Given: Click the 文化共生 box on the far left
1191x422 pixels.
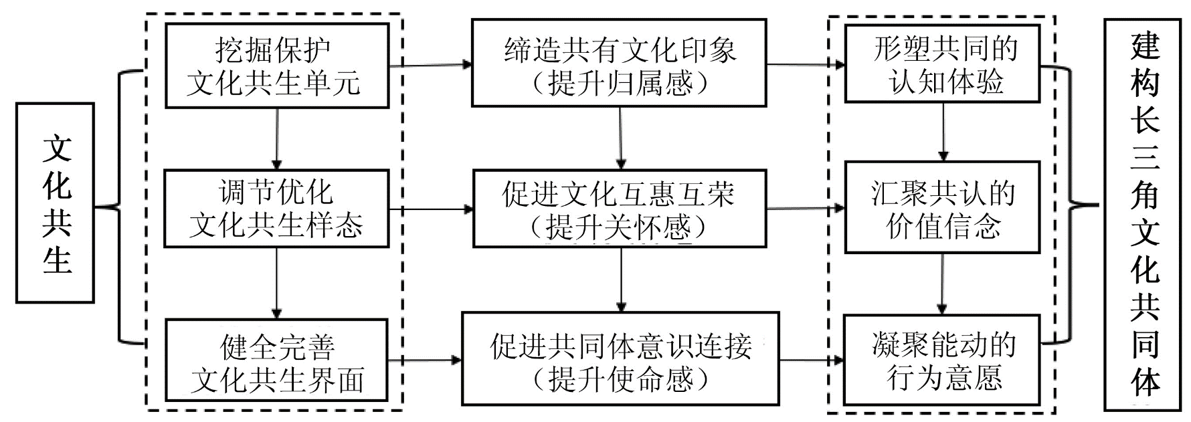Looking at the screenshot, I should [56, 203].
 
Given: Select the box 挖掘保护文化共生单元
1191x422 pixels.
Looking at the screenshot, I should [276, 66].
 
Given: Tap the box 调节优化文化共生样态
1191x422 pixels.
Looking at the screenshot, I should [276, 209].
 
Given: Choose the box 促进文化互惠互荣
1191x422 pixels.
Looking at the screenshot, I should [619, 209].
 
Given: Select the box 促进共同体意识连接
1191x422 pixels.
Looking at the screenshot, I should [619, 358].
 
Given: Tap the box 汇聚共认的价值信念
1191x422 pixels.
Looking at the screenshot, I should [943, 207].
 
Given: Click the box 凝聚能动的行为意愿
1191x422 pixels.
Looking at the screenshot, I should [943, 360].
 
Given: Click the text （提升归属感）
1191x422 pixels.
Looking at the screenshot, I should [619, 84].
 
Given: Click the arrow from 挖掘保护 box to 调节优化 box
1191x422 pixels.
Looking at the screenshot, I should [276, 138].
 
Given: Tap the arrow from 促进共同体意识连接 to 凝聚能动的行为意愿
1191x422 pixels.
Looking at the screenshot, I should [812, 360].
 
